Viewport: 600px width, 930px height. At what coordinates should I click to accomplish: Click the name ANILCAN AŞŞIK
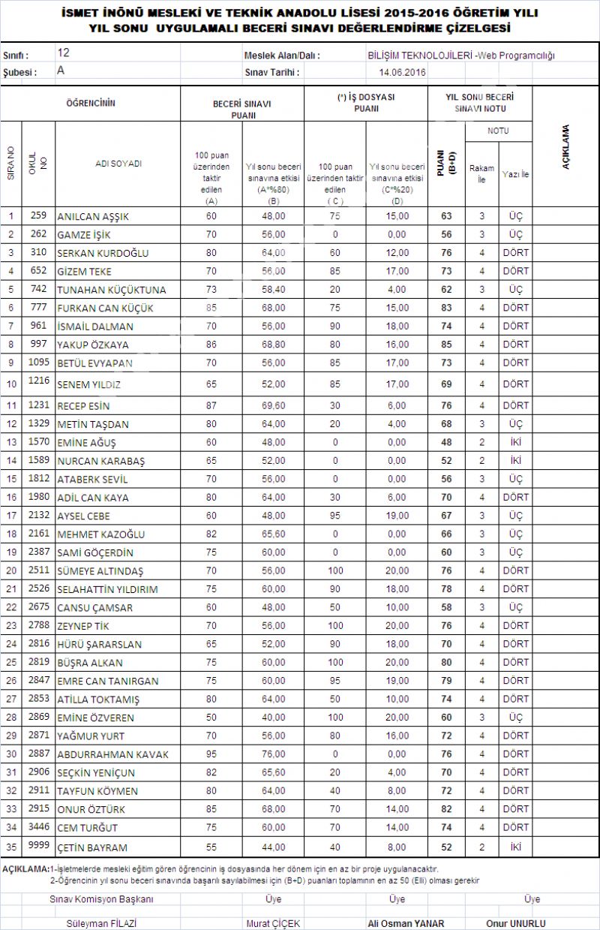click(93, 217)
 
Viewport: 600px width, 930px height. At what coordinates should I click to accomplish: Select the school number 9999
click(38, 845)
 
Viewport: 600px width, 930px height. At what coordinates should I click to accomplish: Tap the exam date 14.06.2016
click(403, 72)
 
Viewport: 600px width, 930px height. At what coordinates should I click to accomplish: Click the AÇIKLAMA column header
click(565, 147)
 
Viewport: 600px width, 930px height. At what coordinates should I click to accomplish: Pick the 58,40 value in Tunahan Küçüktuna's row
click(273, 290)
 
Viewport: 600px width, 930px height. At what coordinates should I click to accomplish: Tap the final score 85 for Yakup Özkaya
click(446, 345)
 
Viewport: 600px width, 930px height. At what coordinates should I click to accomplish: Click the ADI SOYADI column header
click(118, 163)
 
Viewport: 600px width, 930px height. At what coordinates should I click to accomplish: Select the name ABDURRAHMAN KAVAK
click(112, 754)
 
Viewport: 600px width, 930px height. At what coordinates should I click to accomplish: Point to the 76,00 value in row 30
click(273, 754)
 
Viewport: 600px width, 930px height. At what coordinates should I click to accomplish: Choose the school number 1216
click(38, 381)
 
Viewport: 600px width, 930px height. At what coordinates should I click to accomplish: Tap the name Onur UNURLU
click(515, 923)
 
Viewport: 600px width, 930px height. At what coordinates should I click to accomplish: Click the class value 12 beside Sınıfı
click(63, 54)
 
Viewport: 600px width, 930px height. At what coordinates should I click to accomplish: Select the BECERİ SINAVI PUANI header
click(241, 110)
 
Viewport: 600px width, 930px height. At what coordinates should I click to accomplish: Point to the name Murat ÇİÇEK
click(272, 923)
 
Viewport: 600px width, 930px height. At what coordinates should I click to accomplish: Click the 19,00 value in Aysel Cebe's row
click(396, 516)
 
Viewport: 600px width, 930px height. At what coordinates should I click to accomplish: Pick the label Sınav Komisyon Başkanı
click(101, 899)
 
